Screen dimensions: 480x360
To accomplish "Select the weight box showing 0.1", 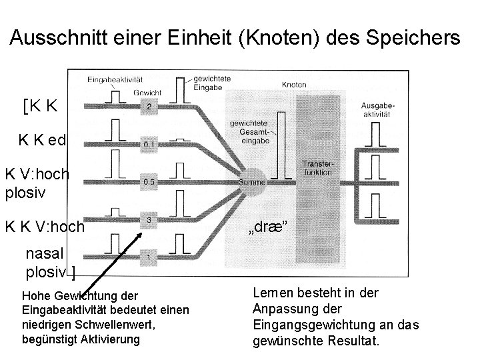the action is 150,143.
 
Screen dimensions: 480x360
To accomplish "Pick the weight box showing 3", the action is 150,219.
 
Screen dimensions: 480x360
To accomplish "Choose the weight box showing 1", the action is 150,257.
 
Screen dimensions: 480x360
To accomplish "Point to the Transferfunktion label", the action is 317,167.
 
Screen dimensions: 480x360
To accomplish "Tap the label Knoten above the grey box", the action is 295,85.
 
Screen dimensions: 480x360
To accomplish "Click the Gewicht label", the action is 147,92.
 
